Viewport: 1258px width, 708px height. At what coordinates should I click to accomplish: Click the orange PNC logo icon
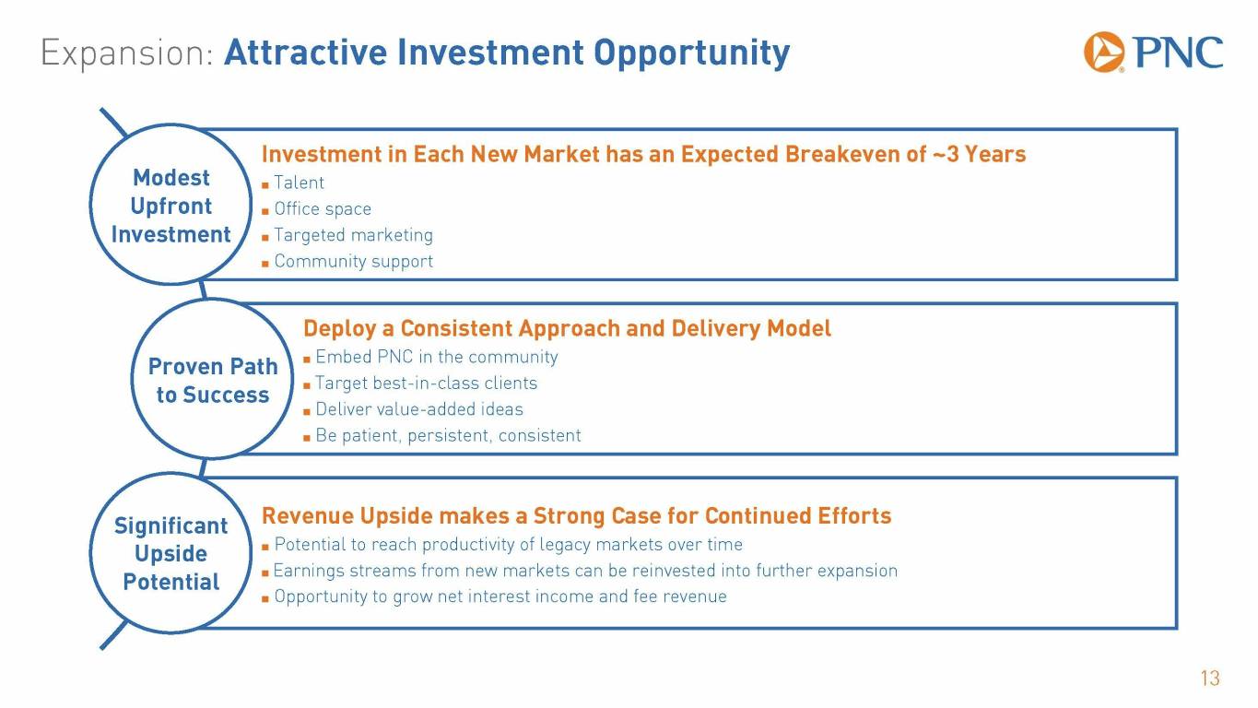(1103, 53)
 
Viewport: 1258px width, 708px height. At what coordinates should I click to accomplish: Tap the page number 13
(1210, 678)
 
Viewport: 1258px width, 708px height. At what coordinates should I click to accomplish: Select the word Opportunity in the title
(691, 53)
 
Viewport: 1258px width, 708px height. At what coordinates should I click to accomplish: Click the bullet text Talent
(299, 183)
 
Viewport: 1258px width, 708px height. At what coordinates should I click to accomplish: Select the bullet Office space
(323, 209)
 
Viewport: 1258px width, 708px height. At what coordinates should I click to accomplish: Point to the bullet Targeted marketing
(353, 235)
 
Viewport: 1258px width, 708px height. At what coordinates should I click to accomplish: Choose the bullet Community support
(353, 261)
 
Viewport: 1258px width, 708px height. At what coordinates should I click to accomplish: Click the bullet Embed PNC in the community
(436, 357)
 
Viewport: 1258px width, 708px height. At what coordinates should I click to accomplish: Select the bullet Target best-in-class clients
(427, 383)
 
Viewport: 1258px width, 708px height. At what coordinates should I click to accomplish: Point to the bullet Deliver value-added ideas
(419, 409)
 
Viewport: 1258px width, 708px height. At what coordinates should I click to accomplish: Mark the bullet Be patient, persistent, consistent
(448, 435)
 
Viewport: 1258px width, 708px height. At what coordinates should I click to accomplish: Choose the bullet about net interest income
(500, 596)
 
